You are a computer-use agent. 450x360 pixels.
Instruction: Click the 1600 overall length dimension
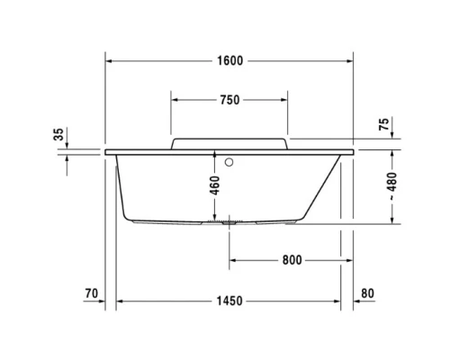pyautogui.click(x=229, y=60)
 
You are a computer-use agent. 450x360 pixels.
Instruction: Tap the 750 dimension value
pyautogui.click(x=229, y=100)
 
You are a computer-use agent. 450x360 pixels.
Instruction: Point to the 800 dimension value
pyautogui.click(x=290, y=260)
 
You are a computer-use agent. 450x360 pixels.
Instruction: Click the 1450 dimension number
pyautogui.click(x=229, y=301)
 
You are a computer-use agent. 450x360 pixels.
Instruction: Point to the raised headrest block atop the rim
pyautogui.click(x=229, y=143)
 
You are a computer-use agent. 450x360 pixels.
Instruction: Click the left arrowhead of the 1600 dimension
pyautogui.click(x=110, y=60)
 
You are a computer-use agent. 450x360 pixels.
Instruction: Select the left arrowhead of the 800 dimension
pyautogui.click(x=233, y=260)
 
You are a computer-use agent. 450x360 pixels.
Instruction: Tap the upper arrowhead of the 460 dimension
pyautogui.click(x=215, y=155)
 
